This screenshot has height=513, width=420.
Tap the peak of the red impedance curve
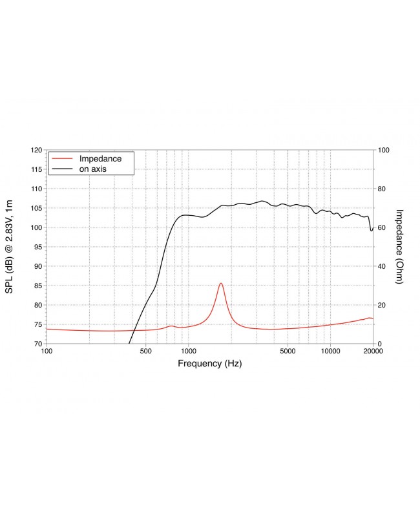tap(221, 283)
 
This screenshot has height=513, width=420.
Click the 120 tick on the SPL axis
tap(36, 150)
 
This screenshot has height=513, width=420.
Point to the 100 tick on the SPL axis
tap(36, 227)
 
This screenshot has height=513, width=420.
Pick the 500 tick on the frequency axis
tap(145, 351)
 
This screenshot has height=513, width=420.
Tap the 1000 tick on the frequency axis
tap(188, 351)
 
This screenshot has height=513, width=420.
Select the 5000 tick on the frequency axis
tap(288, 351)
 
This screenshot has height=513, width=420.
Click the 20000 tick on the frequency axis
tap(373, 351)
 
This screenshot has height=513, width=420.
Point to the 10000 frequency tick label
tap(330, 351)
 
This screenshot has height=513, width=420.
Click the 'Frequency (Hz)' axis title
tap(209, 364)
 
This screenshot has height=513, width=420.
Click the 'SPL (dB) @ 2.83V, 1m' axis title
tap(10, 246)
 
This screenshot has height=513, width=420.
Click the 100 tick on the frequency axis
tap(47, 351)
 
